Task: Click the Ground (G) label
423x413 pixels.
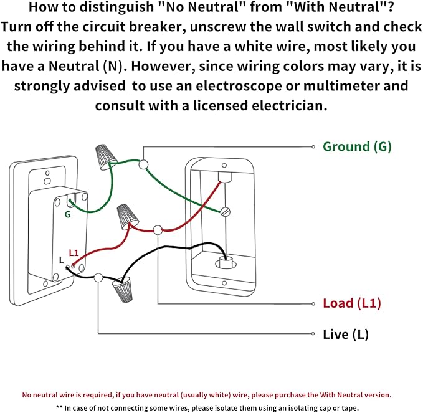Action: coord(356,147)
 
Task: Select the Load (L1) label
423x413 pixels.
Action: coord(351,304)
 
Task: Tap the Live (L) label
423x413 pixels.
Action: coord(345,335)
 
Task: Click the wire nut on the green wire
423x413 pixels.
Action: coord(104,156)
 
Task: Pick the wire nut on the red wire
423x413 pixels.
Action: coord(128,216)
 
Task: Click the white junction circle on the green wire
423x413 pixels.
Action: coord(144,164)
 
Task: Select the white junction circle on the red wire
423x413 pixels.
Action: coord(158,229)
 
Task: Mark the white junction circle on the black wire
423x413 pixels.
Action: coord(98,277)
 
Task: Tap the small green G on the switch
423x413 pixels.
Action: coord(67,214)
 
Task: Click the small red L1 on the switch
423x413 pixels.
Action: coord(74,253)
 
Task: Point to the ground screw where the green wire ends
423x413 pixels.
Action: coord(226,212)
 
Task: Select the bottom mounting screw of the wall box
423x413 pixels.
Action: coord(222,287)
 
